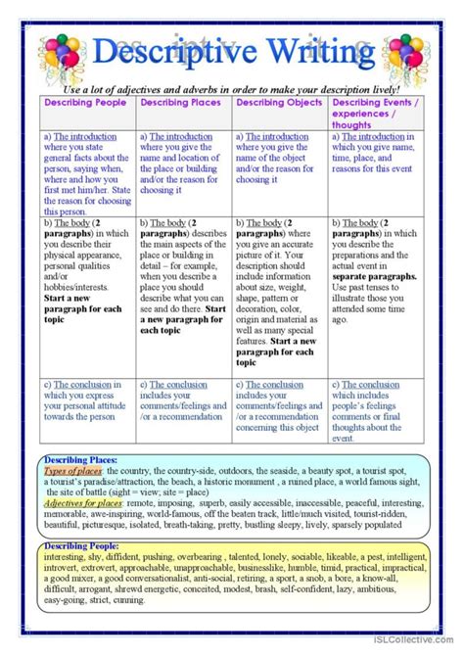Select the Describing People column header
86,102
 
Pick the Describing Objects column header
278,102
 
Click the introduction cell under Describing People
87,172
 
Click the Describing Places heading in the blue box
80,458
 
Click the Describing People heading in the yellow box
81,545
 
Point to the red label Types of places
74,470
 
